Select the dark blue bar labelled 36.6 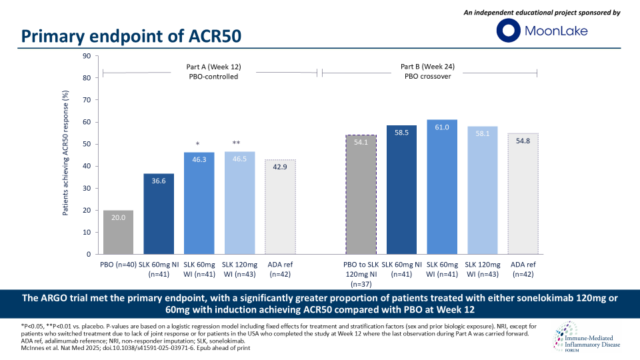click(159, 213)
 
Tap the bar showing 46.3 click(199, 203)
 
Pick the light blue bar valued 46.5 click(239, 203)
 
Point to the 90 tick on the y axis click(87, 56)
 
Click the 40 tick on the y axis click(87, 166)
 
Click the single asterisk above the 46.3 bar click(199, 143)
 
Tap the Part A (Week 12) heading click(208, 67)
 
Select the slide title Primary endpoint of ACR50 click(131, 36)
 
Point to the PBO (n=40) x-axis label click(118, 265)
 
